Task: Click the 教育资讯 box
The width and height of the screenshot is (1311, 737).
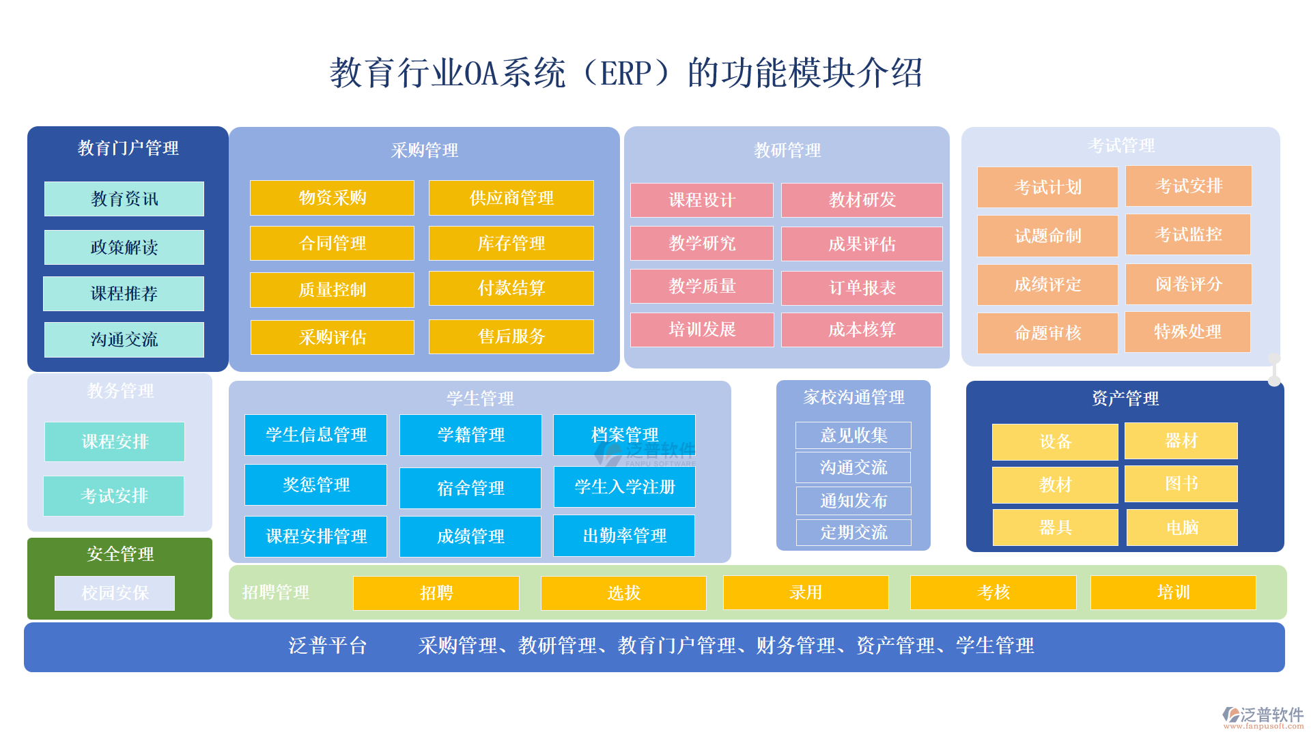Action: click(124, 199)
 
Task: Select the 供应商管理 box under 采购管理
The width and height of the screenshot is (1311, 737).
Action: click(511, 198)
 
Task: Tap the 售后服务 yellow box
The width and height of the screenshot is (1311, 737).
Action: click(511, 336)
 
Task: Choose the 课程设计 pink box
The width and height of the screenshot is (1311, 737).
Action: click(702, 200)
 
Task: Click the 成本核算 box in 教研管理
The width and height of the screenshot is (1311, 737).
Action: click(862, 330)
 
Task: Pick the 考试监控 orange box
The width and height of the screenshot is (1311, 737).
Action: click(1188, 235)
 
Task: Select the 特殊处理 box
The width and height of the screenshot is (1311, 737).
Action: click(1187, 332)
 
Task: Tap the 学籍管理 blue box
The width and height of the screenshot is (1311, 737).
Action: click(470, 435)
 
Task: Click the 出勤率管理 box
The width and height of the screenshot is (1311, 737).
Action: click(624, 536)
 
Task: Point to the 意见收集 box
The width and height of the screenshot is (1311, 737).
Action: click(854, 435)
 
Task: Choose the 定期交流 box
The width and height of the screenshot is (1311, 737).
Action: click(854, 532)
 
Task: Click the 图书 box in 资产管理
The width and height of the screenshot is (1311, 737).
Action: click(1181, 484)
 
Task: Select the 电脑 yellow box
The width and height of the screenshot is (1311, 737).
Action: click(1182, 528)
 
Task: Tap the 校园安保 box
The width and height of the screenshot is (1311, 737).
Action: click(115, 593)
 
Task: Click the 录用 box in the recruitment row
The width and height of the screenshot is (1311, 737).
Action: click(806, 592)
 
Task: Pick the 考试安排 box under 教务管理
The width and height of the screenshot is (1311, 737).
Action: click(114, 495)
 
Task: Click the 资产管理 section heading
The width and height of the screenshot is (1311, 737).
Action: click(1125, 398)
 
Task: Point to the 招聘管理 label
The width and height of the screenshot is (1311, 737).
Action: click(275, 592)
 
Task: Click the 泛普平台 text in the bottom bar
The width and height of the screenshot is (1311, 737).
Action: click(328, 646)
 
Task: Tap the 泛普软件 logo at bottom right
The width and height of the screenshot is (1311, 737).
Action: click(1263, 716)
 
